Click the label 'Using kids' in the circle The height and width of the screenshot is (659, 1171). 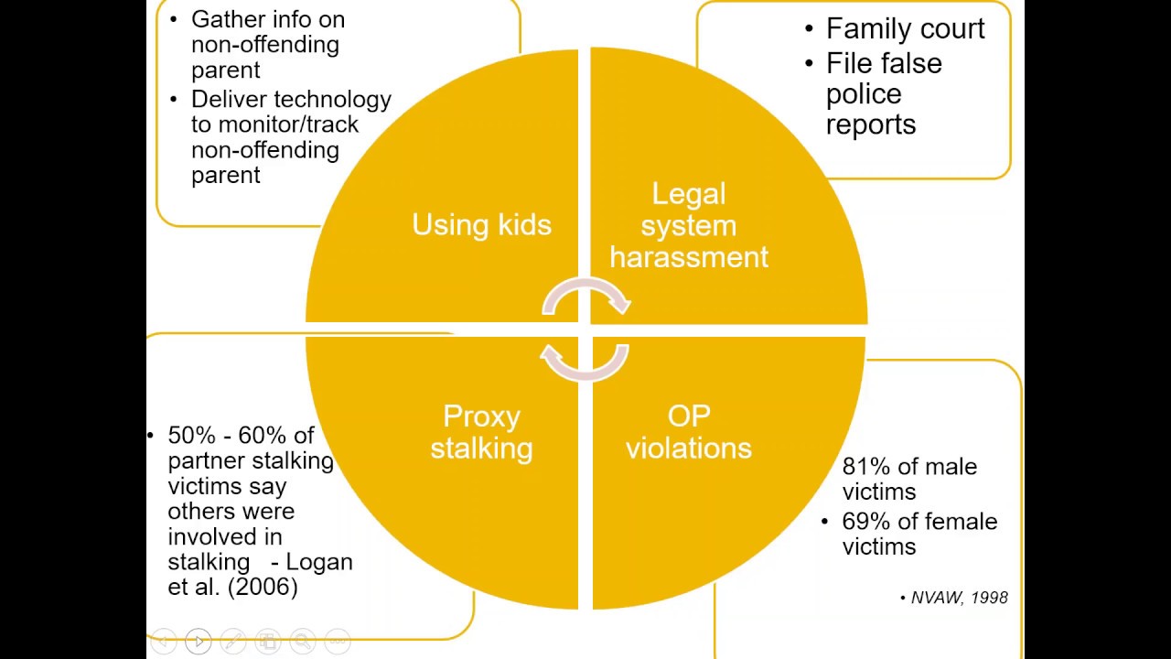[481, 225]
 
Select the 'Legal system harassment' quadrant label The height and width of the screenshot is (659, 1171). [689, 225]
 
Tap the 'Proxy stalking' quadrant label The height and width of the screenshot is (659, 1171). [481, 432]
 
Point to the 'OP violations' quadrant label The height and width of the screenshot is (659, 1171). [689, 432]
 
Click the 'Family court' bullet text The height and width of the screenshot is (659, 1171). [906, 28]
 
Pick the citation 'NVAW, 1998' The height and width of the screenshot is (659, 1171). [960, 598]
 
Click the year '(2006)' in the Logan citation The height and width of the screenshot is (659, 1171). [263, 587]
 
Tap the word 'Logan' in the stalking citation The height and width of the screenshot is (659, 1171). [319, 562]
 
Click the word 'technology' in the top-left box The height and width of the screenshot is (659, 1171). [332, 100]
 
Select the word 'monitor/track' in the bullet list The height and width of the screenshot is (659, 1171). [288, 124]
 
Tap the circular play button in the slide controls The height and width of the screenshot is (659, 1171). [199, 641]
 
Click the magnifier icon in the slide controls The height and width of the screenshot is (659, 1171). [303, 641]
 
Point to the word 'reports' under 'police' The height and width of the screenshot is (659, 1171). [871, 125]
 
